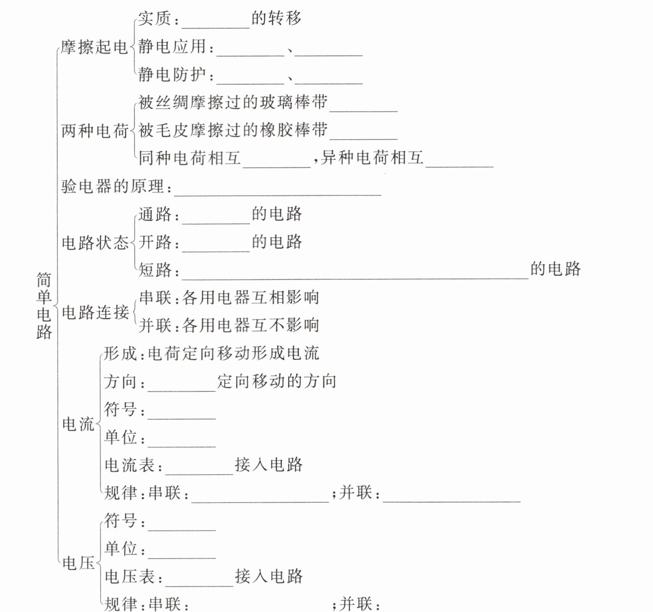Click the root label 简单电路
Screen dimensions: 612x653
coord(44,305)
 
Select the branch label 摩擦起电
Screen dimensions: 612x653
coord(94,47)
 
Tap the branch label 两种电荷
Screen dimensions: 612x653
coord(95,130)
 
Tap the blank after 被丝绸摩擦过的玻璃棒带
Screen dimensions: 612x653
coord(364,106)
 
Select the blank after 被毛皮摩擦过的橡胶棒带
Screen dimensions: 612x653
coord(364,134)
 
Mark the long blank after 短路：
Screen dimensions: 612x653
coord(355,273)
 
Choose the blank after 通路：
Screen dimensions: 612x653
coord(216,218)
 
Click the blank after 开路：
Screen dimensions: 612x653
coord(216,246)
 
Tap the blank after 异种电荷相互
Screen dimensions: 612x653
coord(459,161)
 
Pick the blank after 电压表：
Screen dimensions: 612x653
coord(199,581)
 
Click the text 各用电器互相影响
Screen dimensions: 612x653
coord(251,298)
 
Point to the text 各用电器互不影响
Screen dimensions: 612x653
coord(251,325)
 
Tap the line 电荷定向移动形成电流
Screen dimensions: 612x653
coord(233,353)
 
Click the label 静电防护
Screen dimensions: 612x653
coord(172,75)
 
